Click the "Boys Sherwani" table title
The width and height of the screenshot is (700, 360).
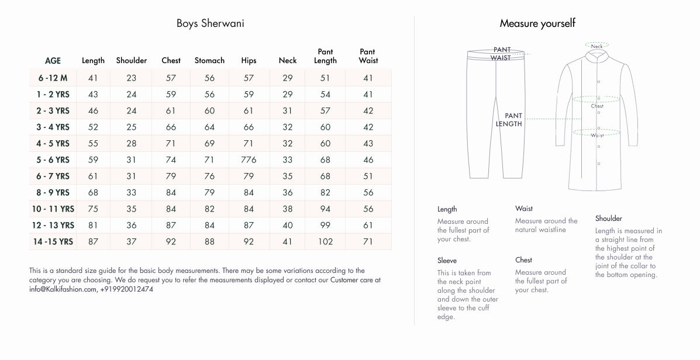(210, 24)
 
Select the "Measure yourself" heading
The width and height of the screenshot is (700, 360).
(537, 23)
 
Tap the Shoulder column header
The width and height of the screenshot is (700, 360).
(132, 60)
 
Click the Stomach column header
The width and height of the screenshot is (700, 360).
(209, 60)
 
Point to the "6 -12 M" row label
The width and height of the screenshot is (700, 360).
(53, 78)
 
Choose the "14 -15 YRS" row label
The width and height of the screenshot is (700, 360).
(53, 241)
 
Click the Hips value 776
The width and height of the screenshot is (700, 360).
(249, 160)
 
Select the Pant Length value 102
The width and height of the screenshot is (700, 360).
(325, 241)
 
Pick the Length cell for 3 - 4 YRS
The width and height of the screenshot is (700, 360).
(93, 127)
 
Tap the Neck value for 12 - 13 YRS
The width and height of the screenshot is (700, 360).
(288, 225)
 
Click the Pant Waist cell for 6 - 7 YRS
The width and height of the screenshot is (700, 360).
(368, 176)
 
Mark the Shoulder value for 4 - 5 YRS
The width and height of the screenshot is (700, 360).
(132, 143)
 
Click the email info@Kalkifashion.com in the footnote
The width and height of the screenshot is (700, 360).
(63, 289)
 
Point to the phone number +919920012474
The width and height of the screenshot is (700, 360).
(127, 289)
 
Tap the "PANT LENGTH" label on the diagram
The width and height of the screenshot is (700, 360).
(509, 120)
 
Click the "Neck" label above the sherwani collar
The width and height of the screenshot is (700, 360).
(596, 46)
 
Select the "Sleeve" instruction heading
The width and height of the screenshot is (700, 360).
(447, 261)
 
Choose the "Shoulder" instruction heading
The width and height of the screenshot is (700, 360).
(608, 219)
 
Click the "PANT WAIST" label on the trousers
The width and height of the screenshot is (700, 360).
(501, 54)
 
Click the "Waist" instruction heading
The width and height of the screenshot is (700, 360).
(524, 209)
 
